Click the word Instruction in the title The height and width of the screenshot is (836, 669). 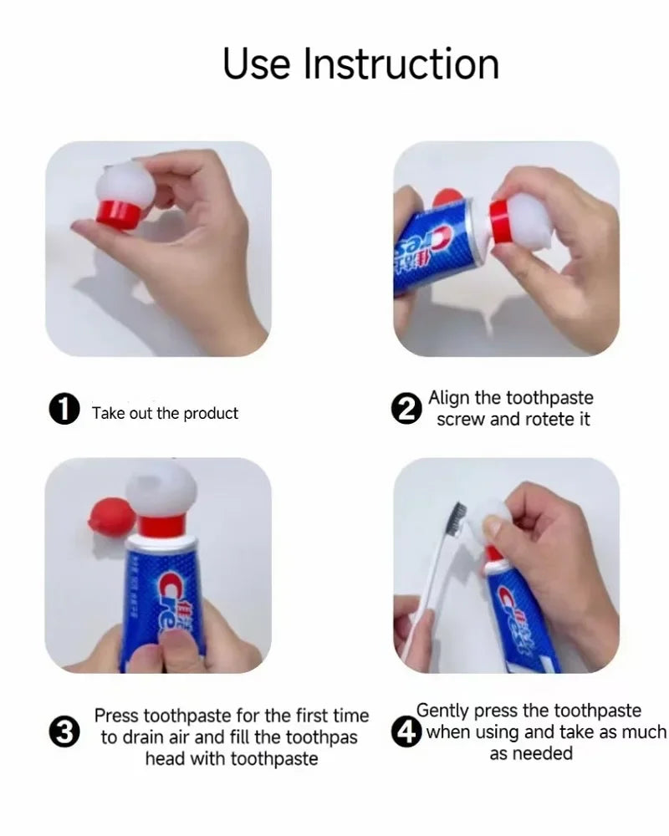click(x=401, y=64)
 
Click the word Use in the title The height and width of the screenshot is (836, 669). click(x=257, y=64)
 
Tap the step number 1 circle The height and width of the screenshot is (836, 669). click(x=64, y=410)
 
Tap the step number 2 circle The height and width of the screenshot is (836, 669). click(x=407, y=410)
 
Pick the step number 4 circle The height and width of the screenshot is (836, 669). click(x=407, y=732)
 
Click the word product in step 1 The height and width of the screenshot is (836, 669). click(x=211, y=413)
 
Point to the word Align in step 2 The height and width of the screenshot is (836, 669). click(x=450, y=398)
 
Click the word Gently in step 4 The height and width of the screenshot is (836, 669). click(x=443, y=711)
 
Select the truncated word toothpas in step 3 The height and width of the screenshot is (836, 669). click(x=322, y=737)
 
